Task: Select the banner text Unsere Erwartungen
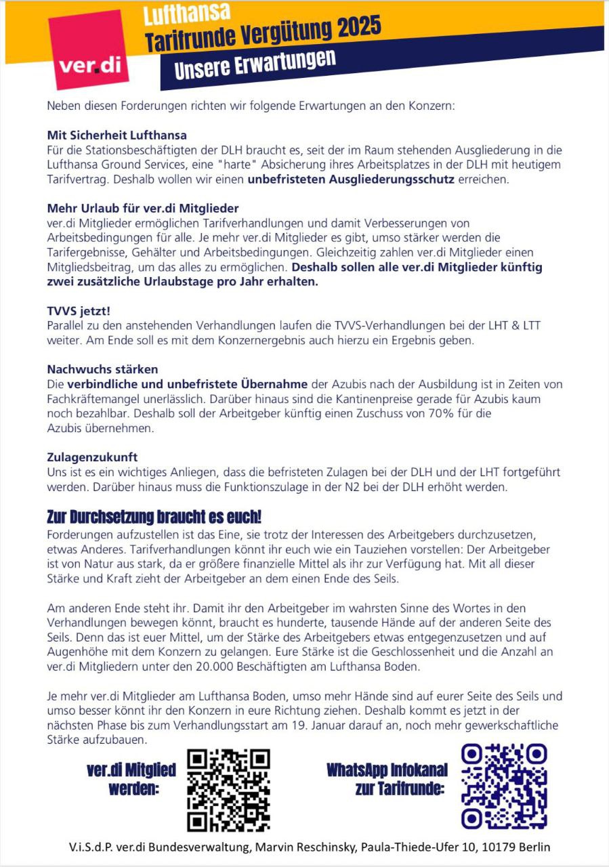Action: (255, 64)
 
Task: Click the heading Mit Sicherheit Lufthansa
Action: (117, 135)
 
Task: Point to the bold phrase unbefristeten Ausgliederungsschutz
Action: (351, 179)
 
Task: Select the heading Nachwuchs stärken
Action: (102, 369)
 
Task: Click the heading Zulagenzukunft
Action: (92, 457)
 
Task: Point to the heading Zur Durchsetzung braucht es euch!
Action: (154, 517)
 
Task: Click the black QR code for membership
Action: (228, 790)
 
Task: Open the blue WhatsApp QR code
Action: (504, 786)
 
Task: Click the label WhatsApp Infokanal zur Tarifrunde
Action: (386, 780)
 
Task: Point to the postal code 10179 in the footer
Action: (499, 847)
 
